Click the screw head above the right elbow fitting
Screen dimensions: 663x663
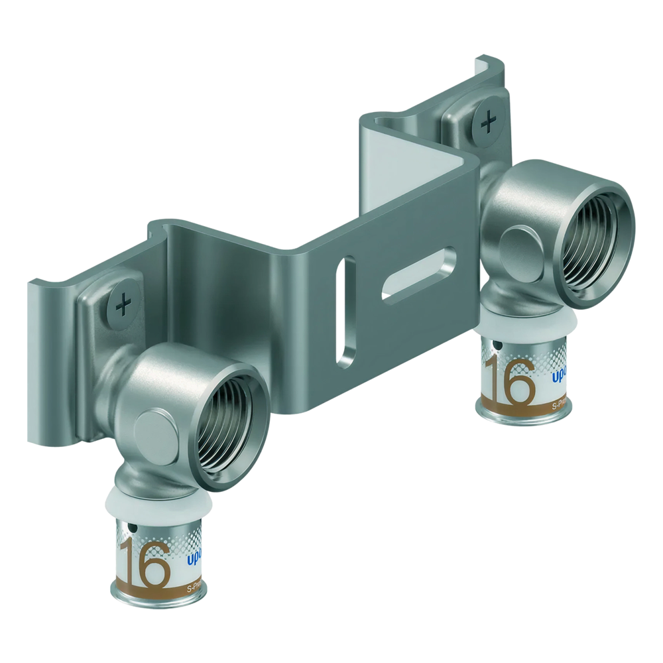[x=489, y=122]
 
